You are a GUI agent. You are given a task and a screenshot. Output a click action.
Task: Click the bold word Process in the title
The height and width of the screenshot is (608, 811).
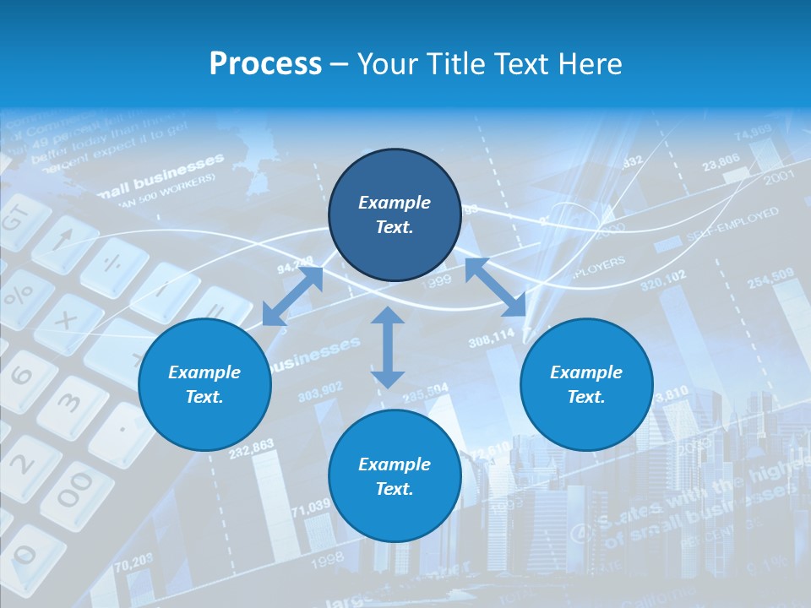click(x=265, y=64)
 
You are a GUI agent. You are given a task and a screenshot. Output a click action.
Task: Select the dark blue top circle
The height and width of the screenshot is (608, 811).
click(x=395, y=215)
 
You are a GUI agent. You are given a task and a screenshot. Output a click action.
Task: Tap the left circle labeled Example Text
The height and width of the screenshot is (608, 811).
click(x=204, y=385)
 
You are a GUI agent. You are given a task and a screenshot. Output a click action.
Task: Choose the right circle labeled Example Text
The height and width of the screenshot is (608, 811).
click(x=586, y=385)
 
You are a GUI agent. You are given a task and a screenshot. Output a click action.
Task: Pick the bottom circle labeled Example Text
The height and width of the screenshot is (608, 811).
click(x=395, y=476)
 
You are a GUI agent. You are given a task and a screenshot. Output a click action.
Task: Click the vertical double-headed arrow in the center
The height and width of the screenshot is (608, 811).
click(x=388, y=347)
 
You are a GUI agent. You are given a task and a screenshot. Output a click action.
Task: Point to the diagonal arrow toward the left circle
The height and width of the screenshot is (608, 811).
click(x=292, y=296)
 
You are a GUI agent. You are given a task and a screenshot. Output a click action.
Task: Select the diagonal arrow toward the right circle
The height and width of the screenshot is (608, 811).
click(x=496, y=288)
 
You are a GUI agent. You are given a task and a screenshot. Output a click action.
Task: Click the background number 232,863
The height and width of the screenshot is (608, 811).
click(x=251, y=448)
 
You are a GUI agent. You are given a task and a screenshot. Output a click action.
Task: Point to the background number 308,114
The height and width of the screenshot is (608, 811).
click(x=491, y=339)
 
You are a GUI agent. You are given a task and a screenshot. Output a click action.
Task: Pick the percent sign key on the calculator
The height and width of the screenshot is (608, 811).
click(x=19, y=295)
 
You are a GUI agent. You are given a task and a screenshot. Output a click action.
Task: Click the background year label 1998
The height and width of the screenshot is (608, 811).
click(x=328, y=557)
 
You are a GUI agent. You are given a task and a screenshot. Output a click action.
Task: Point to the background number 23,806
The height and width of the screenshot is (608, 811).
click(x=721, y=160)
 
